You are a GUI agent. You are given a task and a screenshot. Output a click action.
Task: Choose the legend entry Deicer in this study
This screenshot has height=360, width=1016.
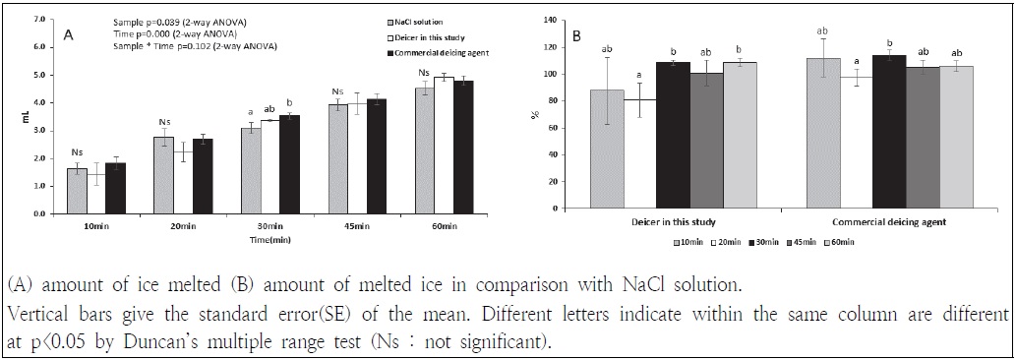[x=430, y=35]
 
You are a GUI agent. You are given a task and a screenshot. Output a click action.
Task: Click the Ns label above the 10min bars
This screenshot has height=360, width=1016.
[x=77, y=151]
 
